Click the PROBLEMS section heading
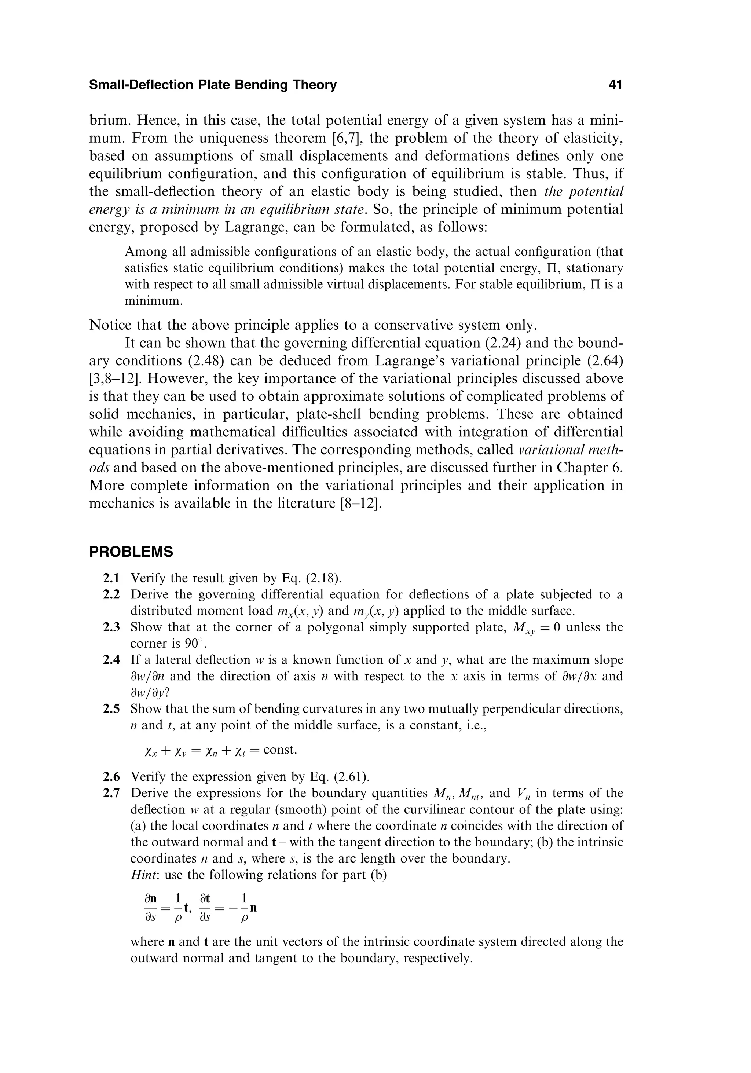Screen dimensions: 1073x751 131,552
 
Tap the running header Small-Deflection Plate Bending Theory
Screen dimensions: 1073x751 213,85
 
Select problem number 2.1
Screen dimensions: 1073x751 111,579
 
